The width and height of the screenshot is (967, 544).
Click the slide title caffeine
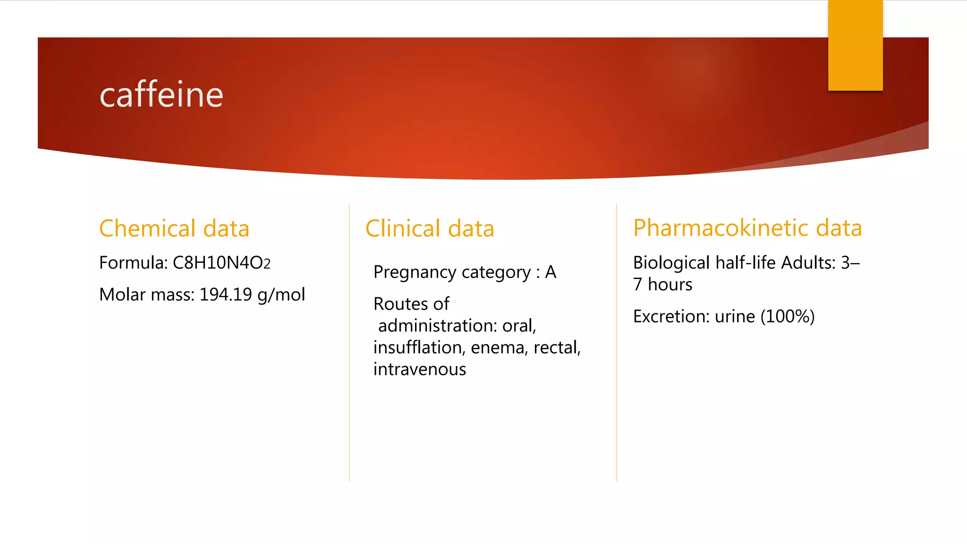click(161, 95)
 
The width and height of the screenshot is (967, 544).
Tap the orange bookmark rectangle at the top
click(855, 45)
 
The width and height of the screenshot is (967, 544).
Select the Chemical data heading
click(174, 229)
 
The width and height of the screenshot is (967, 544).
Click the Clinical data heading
click(429, 229)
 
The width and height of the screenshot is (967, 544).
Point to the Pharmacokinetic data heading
click(747, 228)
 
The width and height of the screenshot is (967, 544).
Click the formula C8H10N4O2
click(221, 263)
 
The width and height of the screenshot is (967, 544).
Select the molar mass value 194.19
click(226, 295)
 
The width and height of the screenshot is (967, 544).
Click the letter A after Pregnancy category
click(551, 272)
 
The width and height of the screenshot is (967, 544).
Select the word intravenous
click(419, 369)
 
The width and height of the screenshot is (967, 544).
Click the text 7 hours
click(662, 285)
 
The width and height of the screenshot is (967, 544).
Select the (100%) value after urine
click(787, 316)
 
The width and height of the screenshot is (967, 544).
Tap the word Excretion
click(671, 316)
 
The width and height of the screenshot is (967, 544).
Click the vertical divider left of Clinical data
click(349, 342)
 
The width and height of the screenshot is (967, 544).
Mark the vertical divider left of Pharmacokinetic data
click(616, 342)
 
